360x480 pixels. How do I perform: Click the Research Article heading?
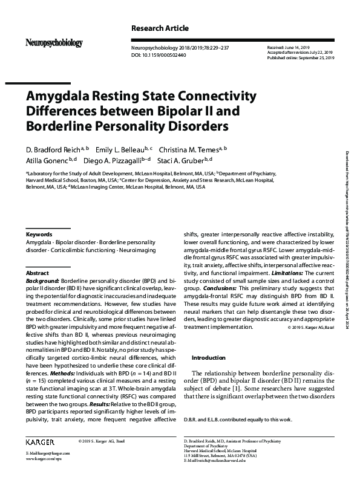coord(160,28)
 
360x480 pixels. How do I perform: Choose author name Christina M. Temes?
coord(192,148)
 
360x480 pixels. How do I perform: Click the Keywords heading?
coord(39,234)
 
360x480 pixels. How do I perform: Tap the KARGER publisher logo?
coord(40,441)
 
